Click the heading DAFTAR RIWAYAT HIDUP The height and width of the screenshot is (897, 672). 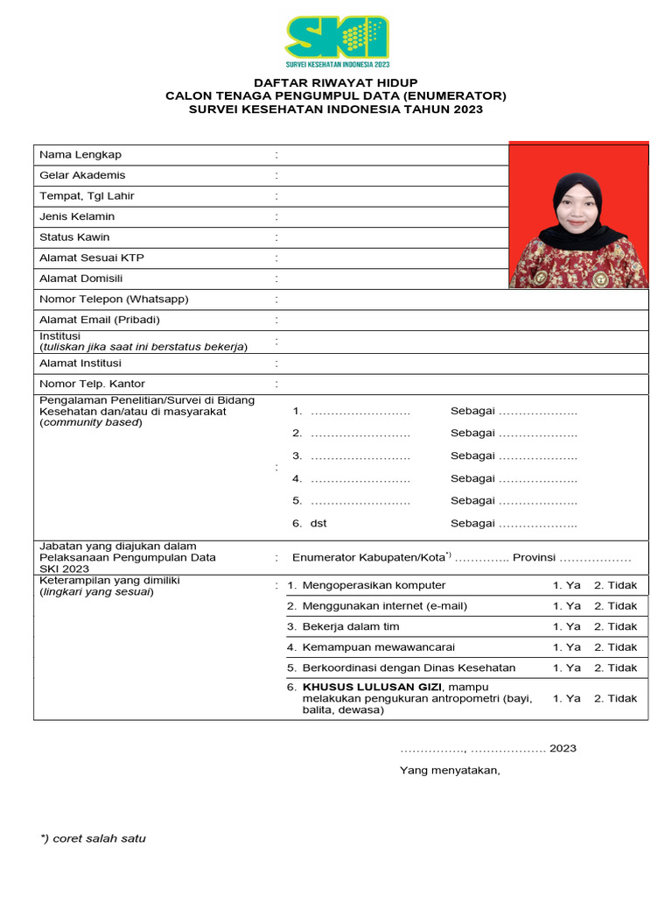(x=336, y=82)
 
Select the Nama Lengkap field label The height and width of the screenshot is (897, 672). (x=80, y=155)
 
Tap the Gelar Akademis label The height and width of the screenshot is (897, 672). (x=82, y=175)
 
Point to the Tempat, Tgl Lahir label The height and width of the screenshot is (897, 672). (x=87, y=196)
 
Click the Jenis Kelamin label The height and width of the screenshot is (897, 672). (x=77, y=216)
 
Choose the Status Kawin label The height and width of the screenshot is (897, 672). (x=74, y=237)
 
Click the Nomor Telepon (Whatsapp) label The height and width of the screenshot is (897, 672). (x=114, y=300)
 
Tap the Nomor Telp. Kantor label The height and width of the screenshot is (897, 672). (x=92, y=384)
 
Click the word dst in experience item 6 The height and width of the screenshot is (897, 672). (x=318, y=524)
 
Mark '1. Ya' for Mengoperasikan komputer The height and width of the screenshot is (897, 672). (x=566, y=585)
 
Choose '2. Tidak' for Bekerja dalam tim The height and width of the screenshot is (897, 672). (x=615, y=626)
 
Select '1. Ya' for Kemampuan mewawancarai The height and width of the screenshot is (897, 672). (x=566, y=647)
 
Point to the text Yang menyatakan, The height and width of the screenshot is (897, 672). (x=450, y=771)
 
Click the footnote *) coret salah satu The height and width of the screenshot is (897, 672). (x=93, y=838)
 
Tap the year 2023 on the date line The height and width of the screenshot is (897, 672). (x=563, y=748)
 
